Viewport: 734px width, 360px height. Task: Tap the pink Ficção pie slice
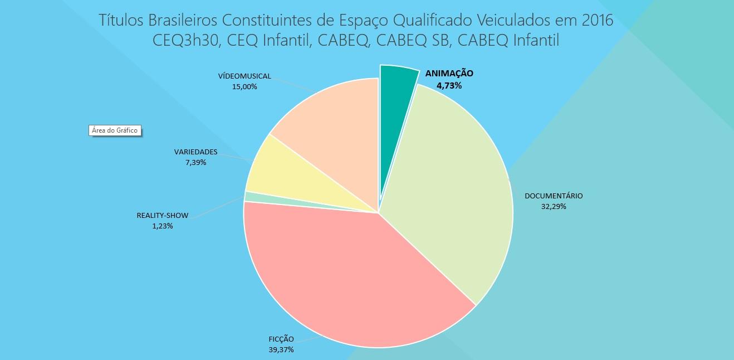click(345, 273)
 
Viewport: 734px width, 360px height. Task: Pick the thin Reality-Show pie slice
click(256, 197)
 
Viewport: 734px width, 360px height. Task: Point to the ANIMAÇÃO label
click(449, 74)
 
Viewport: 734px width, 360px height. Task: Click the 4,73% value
click(449, 85)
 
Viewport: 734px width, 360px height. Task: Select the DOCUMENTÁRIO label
click(554, 196)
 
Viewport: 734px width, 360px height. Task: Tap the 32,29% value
click(554, 206)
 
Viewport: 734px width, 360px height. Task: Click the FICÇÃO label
click(281, 339)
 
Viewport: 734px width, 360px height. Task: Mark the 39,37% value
click(281, 349)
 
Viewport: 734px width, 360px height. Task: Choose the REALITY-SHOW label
click(163, 216)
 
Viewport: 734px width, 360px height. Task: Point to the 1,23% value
click(163, 226)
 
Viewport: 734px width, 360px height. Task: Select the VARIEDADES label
click(195, 152)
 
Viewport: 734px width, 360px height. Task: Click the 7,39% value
click(195, 162)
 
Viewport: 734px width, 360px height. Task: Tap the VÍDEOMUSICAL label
click(244, 76)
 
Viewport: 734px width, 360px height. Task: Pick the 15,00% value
click(244, 86)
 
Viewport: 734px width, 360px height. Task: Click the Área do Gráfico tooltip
click(115, 130)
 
